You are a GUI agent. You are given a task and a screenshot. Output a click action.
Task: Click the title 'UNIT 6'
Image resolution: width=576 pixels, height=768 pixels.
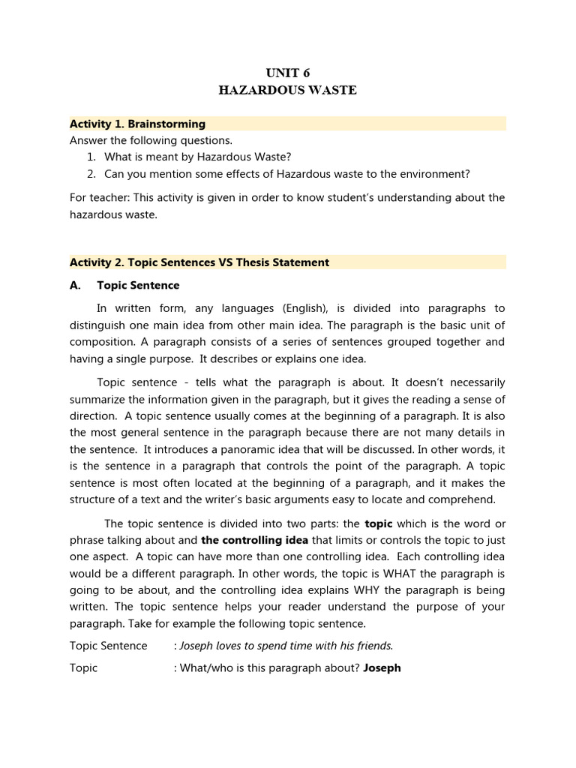[x=288, y=73]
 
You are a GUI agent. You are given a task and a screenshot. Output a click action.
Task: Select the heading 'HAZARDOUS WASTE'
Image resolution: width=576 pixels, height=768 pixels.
[x=288, y=91]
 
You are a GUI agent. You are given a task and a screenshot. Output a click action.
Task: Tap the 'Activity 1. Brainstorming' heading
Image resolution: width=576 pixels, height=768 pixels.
[x=137, y=124]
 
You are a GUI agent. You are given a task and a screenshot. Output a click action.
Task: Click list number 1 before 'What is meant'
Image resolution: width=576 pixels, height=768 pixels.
[x=91, y=157]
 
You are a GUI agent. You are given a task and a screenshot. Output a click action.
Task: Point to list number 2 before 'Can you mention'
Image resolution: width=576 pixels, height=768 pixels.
[x=91, y=174]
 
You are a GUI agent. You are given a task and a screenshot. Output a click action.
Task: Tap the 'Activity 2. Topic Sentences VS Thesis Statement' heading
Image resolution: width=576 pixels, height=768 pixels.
[x=199, y=262]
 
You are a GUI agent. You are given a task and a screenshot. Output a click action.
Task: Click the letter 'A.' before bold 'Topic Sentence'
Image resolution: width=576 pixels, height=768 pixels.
[x=76, y=285]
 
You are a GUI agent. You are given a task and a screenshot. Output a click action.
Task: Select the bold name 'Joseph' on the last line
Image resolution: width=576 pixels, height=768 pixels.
[x=382, y=667]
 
